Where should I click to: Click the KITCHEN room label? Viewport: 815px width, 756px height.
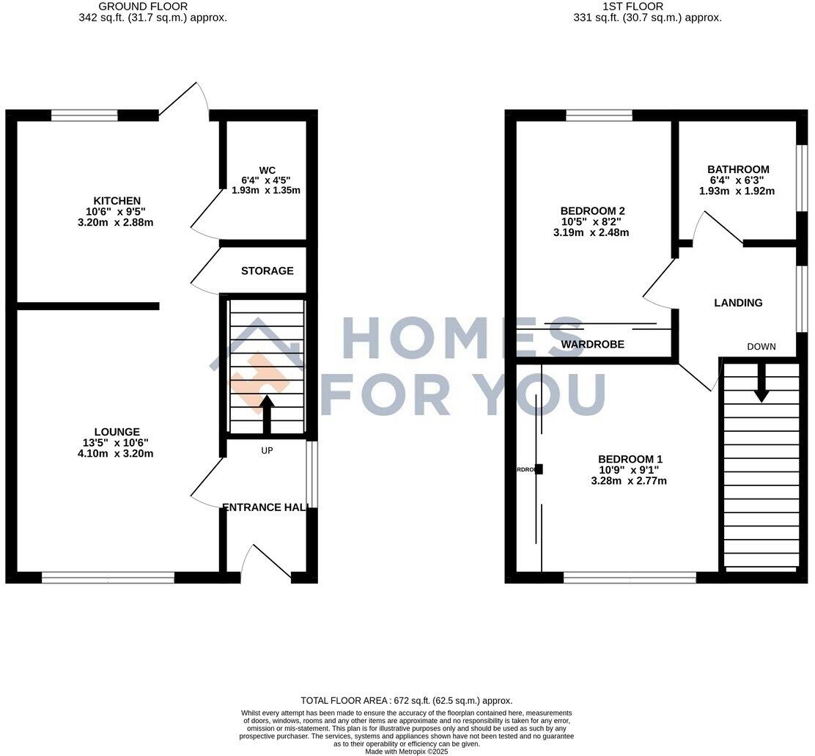pos(117,201)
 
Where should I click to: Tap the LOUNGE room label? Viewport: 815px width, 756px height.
pos(117,432)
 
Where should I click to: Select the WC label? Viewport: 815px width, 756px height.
pos(266,169)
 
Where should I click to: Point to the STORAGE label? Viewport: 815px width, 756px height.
pos(268,271)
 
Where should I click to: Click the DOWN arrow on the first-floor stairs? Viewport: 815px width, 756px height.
pos(761,383)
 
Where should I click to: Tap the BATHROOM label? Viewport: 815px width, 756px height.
pos(738,169)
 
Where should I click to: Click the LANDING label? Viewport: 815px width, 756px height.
pos(738,303)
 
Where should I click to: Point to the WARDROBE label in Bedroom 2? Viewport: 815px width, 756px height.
pos(593,344)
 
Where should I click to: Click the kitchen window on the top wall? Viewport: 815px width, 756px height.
pos(84,115)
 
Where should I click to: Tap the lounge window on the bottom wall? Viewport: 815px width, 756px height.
pos(108,578)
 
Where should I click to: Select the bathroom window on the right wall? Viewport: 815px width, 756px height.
pos(802,170)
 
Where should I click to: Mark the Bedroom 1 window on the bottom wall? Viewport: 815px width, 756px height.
pos(630,578)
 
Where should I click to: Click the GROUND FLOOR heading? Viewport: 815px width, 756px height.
pos(152,7)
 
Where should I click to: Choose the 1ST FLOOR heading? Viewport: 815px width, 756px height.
pos(633,7)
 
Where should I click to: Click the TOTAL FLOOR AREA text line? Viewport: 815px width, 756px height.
pos(407,701)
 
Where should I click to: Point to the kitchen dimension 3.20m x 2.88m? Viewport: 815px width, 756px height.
pos(117,223)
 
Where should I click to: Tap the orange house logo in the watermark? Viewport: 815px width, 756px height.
pos(260,381)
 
